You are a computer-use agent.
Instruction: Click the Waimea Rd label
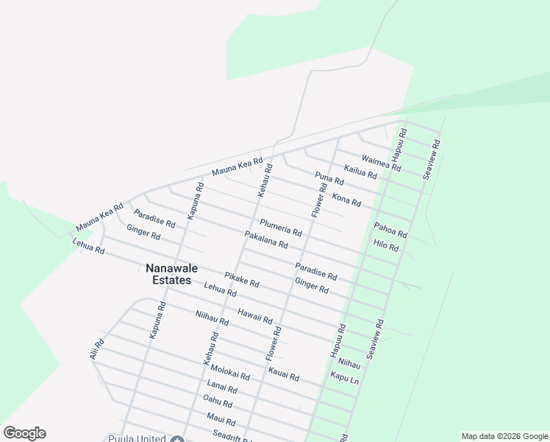(x=381, y=163)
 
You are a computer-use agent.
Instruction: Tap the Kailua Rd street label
(x=360, y=172)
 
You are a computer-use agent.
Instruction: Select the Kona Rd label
(x=346, y=200)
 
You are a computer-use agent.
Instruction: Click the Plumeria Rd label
(x=280, y=227)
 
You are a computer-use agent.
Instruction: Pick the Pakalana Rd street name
(x=265, y=239)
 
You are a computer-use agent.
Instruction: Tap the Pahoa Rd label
(x=390, y=230)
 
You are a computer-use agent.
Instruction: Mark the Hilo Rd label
(x=385, y=246)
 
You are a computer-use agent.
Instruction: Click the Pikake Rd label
(x=242, y=279)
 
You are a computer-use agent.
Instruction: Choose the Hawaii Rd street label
(x=255, y=317)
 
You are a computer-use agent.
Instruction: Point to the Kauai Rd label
(x=284, y=373)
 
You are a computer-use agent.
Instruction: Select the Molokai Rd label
(x=229, y=372)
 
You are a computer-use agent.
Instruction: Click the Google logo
(x=24, y=433)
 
